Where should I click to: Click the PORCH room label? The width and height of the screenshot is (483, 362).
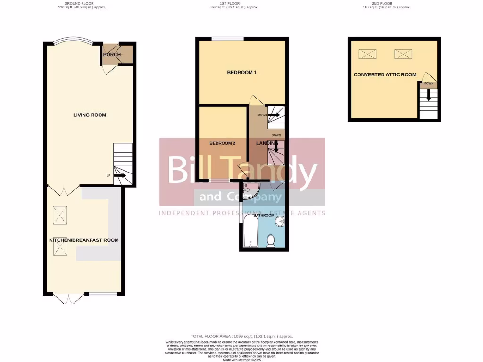[112, 54]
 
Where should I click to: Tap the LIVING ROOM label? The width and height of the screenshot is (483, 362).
[90, 115]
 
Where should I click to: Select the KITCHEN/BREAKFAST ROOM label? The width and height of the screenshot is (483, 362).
[84, 240]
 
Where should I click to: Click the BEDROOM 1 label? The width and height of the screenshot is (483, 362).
[242, 72]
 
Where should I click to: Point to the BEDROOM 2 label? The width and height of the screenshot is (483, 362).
[222, 143]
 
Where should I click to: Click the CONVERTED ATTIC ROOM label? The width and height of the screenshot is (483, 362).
[385, 74]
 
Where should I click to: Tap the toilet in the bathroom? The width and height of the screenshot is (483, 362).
[271, 241]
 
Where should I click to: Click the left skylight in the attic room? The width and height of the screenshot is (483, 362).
[368, 54]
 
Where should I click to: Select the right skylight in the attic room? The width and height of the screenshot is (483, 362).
[403, 54]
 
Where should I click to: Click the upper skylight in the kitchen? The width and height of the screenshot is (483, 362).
[60, 216]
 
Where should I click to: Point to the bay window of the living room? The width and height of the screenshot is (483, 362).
[73, 42]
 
